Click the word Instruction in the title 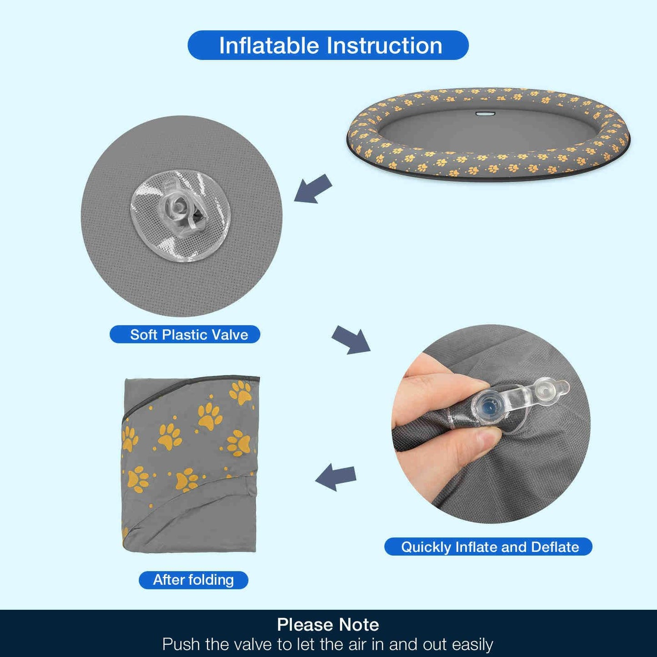point(385,45)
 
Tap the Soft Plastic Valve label point(185,335)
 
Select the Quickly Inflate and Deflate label point(488,547)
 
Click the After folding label point(193,580)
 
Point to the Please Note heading point(328,625)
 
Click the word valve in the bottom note point(253,644)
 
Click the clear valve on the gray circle point(181,216)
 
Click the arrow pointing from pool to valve point(313,189)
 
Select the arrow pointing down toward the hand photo point(351,340)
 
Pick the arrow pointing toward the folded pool point(336,477)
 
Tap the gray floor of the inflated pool point(487,131)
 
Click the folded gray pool point(190,465)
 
